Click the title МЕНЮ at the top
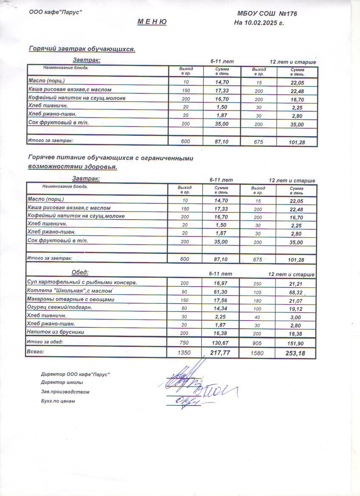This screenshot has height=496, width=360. [152, 22]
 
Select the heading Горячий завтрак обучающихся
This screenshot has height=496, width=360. [82, 49]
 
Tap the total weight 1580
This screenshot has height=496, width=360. [258, 353]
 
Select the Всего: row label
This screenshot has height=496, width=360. [35, 352]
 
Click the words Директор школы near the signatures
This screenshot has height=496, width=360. [59, 383]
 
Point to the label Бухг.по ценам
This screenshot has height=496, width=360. [58, 401]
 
